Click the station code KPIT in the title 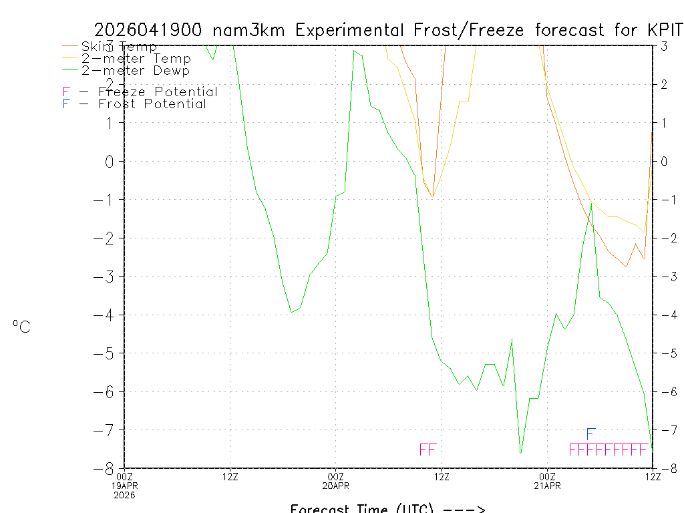pyautogui.click(x=666, y=30)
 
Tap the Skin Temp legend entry pyautogui.click(x=119, y=47)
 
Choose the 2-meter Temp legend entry pyautogui.click(x=136, y=59)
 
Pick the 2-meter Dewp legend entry pyautogui.click(x=136, y=71)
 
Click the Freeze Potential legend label pyautogui.click(x=158, y=92)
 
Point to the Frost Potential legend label pyautogui.click(x=152, y=104)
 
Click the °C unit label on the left pyautogui.click(x=21, y=327)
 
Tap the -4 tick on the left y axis pyautogui.click(x=110, y=315)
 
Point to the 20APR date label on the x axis pyautogui.click(x=336, y=485)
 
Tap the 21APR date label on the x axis pyautogui.click(x=547, y=485)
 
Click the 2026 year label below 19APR pyautogui.click(x=124, y=494)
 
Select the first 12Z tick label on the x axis pyautogui.click(x=230, y=476)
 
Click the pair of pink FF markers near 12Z pyautogui.click(x=427, y=450)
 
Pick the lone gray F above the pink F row pyautogui.click(x=590, y=435)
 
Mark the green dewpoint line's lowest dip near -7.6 pyautogui.click(x=520, y=453)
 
